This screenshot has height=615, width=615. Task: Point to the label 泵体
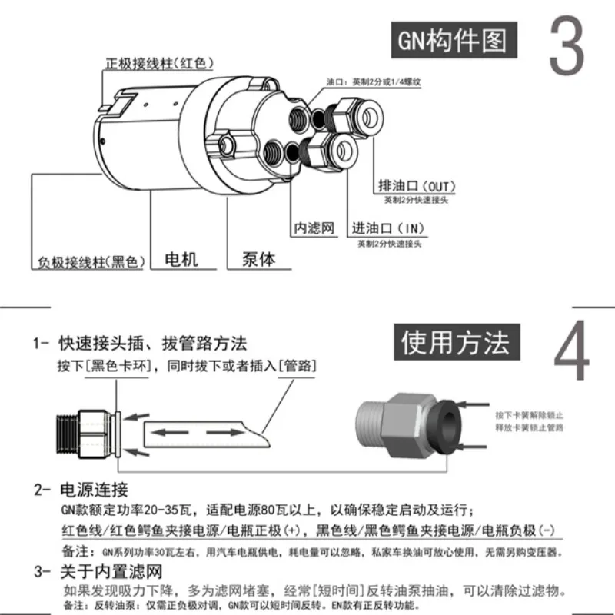click(x=258, y=259)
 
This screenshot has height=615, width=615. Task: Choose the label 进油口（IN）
click(x=388, y=229)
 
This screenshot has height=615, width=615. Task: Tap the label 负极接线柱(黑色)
click(x=91, y=261)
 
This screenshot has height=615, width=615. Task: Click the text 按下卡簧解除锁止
click(x=527, y=413)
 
